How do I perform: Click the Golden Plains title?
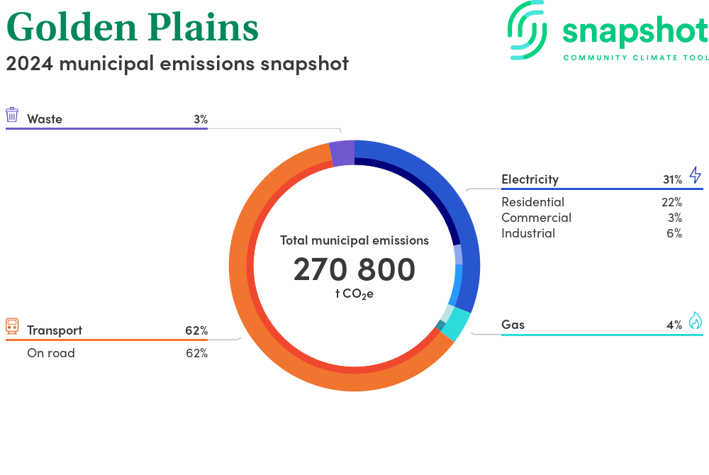pyautogui.click(x=133, y=27)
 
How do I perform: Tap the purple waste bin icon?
pyautogui.click(x=12, y=115)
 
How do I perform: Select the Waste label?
pyautogui.click(x=44, y=119)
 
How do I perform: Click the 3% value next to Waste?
pyautogui.click(x=201, y=119)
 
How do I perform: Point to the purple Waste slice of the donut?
pyautogui.click(x=342, y=153)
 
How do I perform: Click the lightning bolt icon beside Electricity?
pyautogui.click(x=696, y=174)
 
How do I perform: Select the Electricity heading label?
pyautogui.click(x=530, y=179)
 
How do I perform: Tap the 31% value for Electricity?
pyautogui.click(x=672, y=179)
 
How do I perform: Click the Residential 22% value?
pyautogui.click(x=672, y=202)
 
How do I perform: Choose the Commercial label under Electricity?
pyautogui.click(x=536, y=218)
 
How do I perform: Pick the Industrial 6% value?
pyautogui.click(x=674, y=233)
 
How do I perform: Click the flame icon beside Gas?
pyautogui.click(x=696, y=320)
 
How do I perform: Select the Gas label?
pyautogui.click(x=513, y=325)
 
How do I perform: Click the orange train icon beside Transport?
pyautogui.click(x=12, y=326)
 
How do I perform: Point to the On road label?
pyautogui.click(x=50, y=353)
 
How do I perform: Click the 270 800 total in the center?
pyautogui.click(x=354, y=269)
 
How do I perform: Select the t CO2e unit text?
pyautogui.click(x=354, y=294)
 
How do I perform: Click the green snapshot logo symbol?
pyautogui.click(x=527, y=30)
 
